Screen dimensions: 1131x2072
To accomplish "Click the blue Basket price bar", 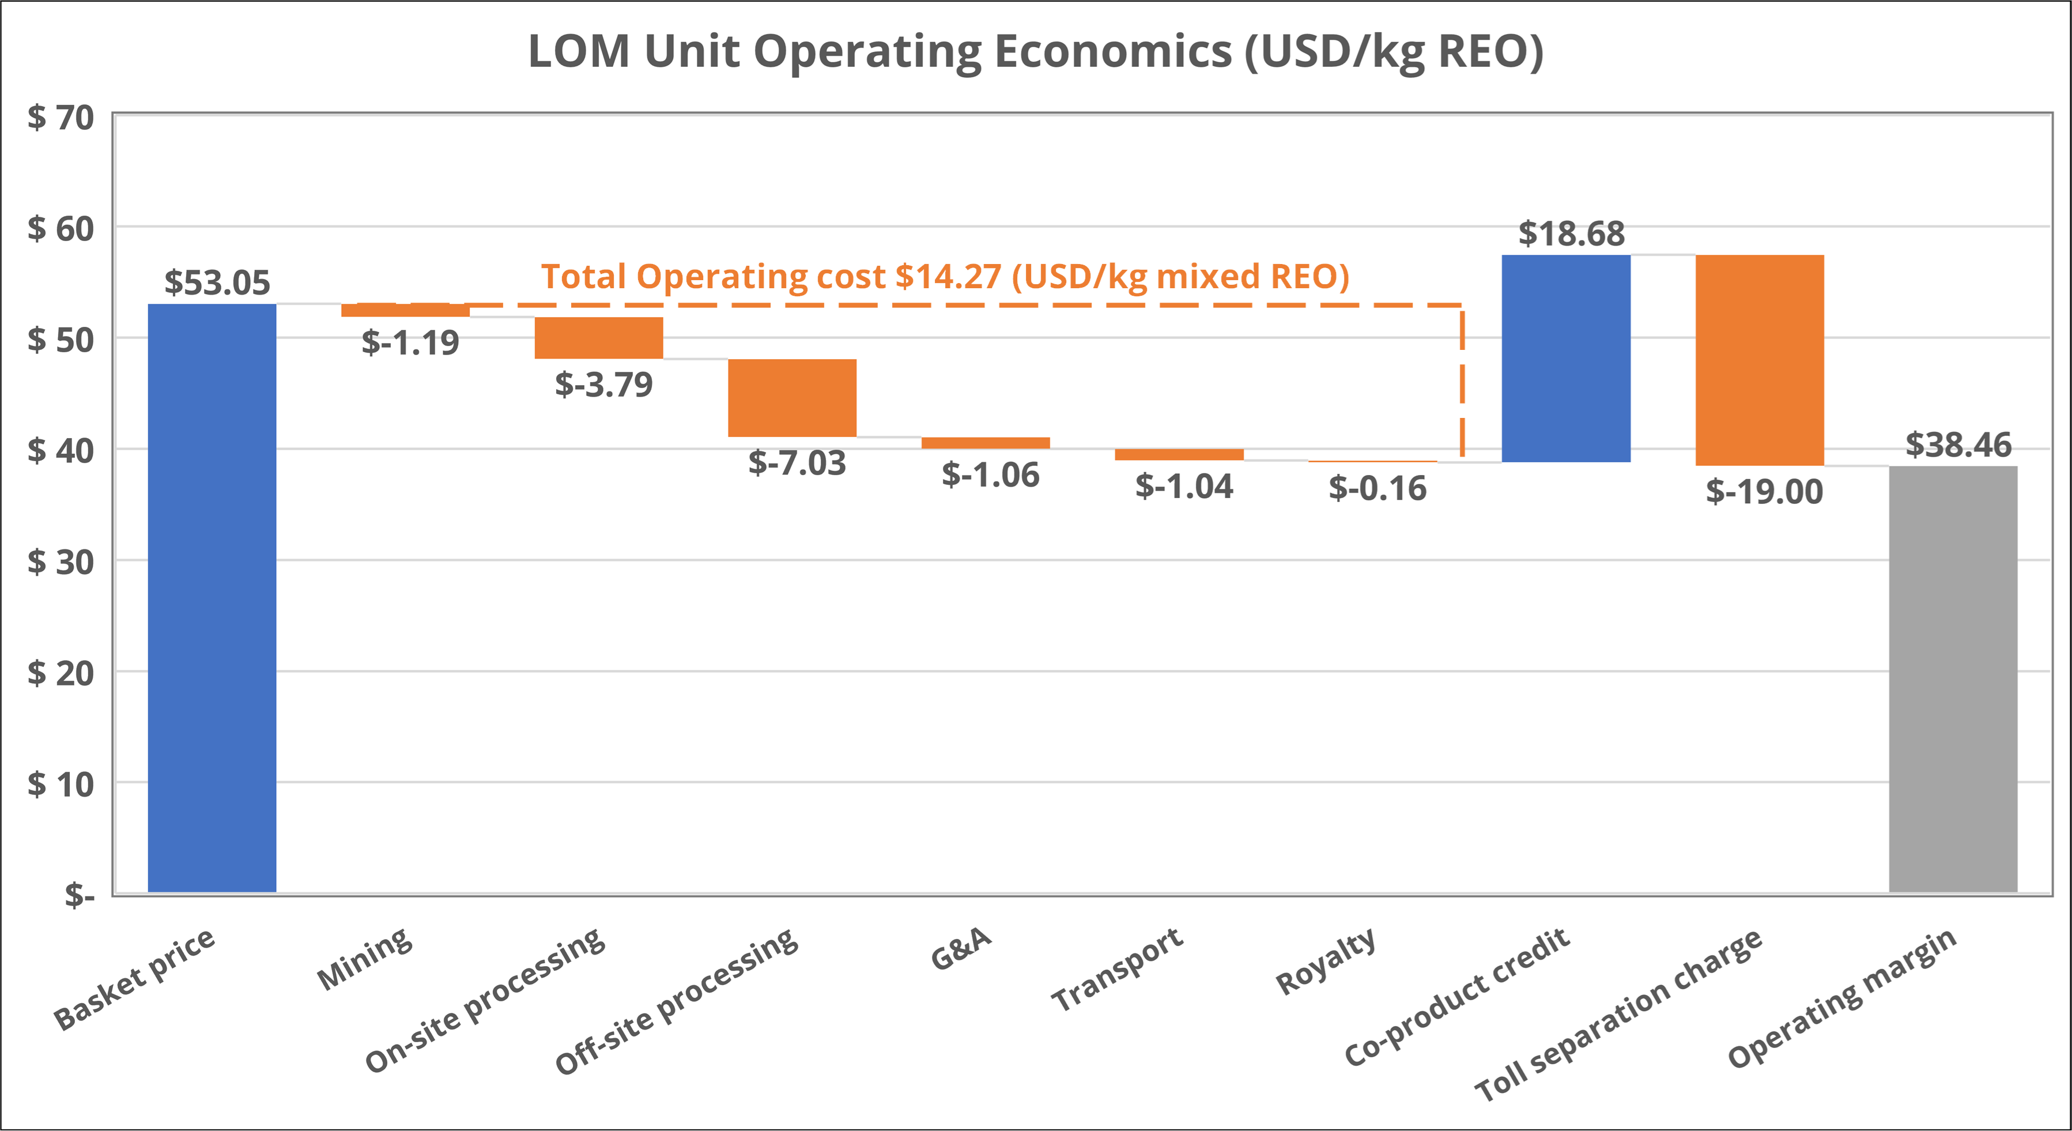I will coord(212,598).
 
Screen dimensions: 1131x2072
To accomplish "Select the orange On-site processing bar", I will coord(598,338).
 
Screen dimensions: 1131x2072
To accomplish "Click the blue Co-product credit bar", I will coord(1565,358).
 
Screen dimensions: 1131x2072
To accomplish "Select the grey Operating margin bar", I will coord(1953,678).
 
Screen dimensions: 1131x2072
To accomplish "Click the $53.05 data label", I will coord(217,282).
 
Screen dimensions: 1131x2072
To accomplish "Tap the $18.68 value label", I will coord(1571,233).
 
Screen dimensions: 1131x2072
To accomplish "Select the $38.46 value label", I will coord(1958,445).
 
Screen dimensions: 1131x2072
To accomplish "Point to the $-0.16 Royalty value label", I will coord(1377,488).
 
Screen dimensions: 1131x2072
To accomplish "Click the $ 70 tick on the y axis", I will coord(61,118).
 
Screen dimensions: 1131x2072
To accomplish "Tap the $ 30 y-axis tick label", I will coord(61,561).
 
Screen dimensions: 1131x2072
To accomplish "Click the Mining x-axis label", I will coord(365,959).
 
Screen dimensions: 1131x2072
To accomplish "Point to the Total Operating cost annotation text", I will coord(945,276).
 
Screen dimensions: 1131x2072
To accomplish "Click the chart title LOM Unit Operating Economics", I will coord(1035,51).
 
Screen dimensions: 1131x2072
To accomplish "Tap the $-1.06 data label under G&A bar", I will coord(990,474).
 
